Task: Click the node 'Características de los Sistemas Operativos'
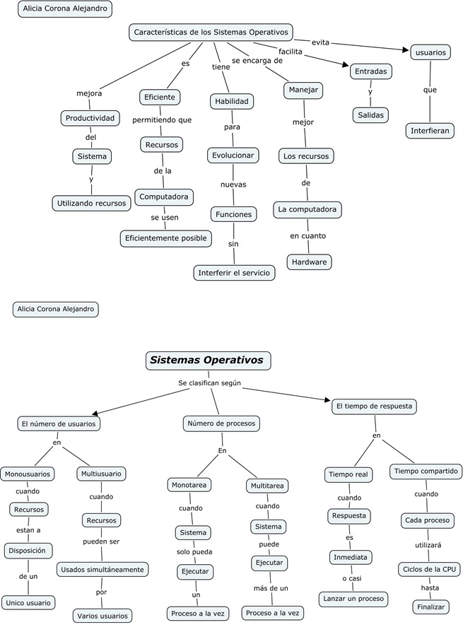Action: pyautogui.click(x=211, y=32)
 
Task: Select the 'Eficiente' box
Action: pyautogui.click(x=160, y=97)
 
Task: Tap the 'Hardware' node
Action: pyautogui.click(x=309, y=262)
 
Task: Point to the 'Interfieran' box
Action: pyautogui.click(x=430, y=131)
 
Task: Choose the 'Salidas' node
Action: pyautogui.click(x=370, y=115)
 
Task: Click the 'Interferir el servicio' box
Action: pyautogui.click(x=234, y=273)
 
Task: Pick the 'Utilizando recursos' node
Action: pyautogui.click(x=92, y=203)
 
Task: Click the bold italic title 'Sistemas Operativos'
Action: pyautogui.click(x=206, y=361)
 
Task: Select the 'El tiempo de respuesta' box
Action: pyautogui.click(x=374, y=406)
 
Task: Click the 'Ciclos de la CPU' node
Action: pyautogui.click(x=430, y=569)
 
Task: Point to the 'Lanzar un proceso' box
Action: pyautogui.click(x=353, y=599)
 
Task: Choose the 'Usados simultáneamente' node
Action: pyautogui.click(x=102, y=569)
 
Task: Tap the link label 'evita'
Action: pyautogui.click(x=320, y=42)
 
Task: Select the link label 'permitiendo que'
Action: pyautogui.click(x=161, y=120)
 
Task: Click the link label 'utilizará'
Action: pyautogui.click(x=427, y=546)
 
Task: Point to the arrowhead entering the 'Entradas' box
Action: pyautogui.click(x=348, y=67)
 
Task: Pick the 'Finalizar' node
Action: pyautogui.click(x=430, y=607)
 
